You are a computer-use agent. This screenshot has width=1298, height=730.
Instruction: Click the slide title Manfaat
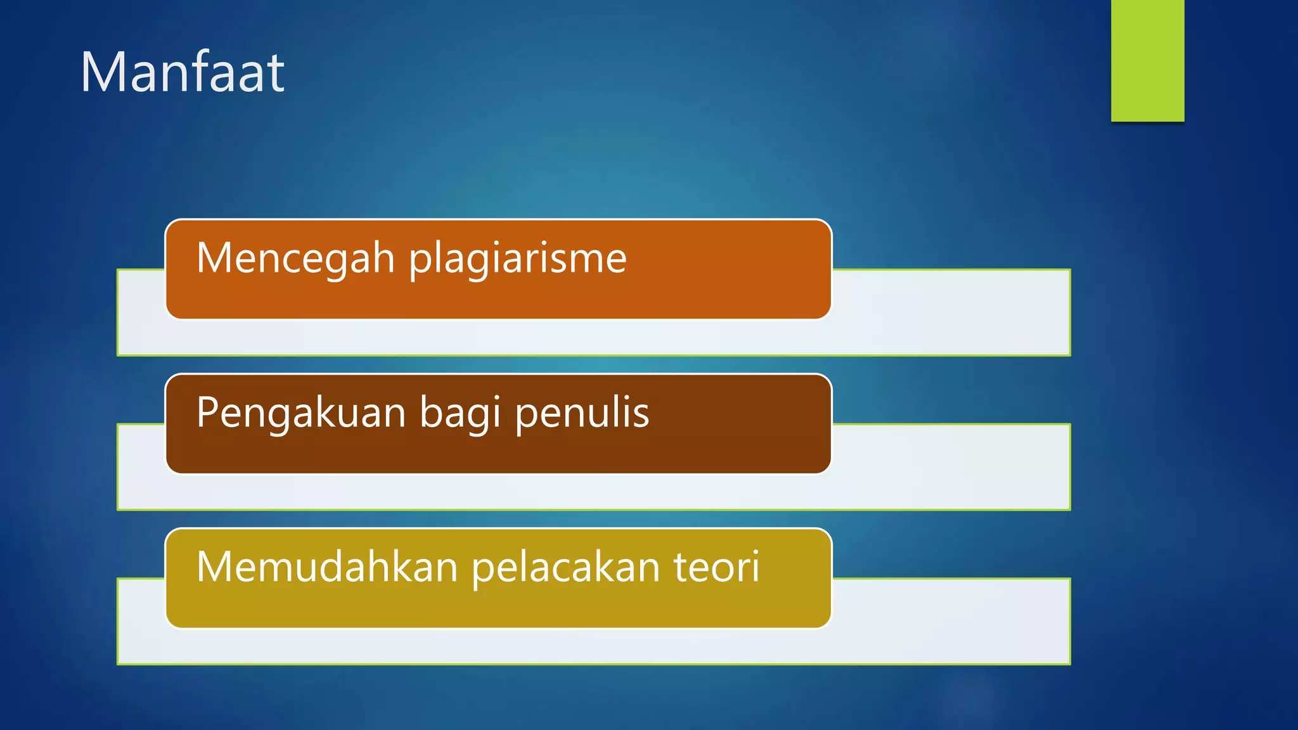click(183, 73)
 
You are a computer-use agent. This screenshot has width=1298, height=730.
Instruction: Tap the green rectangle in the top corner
click(1147, 60)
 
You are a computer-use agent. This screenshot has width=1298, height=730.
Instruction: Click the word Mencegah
click(296, 259)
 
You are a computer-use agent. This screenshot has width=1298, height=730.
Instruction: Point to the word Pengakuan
click(301, 413)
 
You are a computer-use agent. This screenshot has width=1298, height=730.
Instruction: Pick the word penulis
click(582, 413)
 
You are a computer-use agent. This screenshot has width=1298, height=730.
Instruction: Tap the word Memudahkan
click(327, 567)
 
